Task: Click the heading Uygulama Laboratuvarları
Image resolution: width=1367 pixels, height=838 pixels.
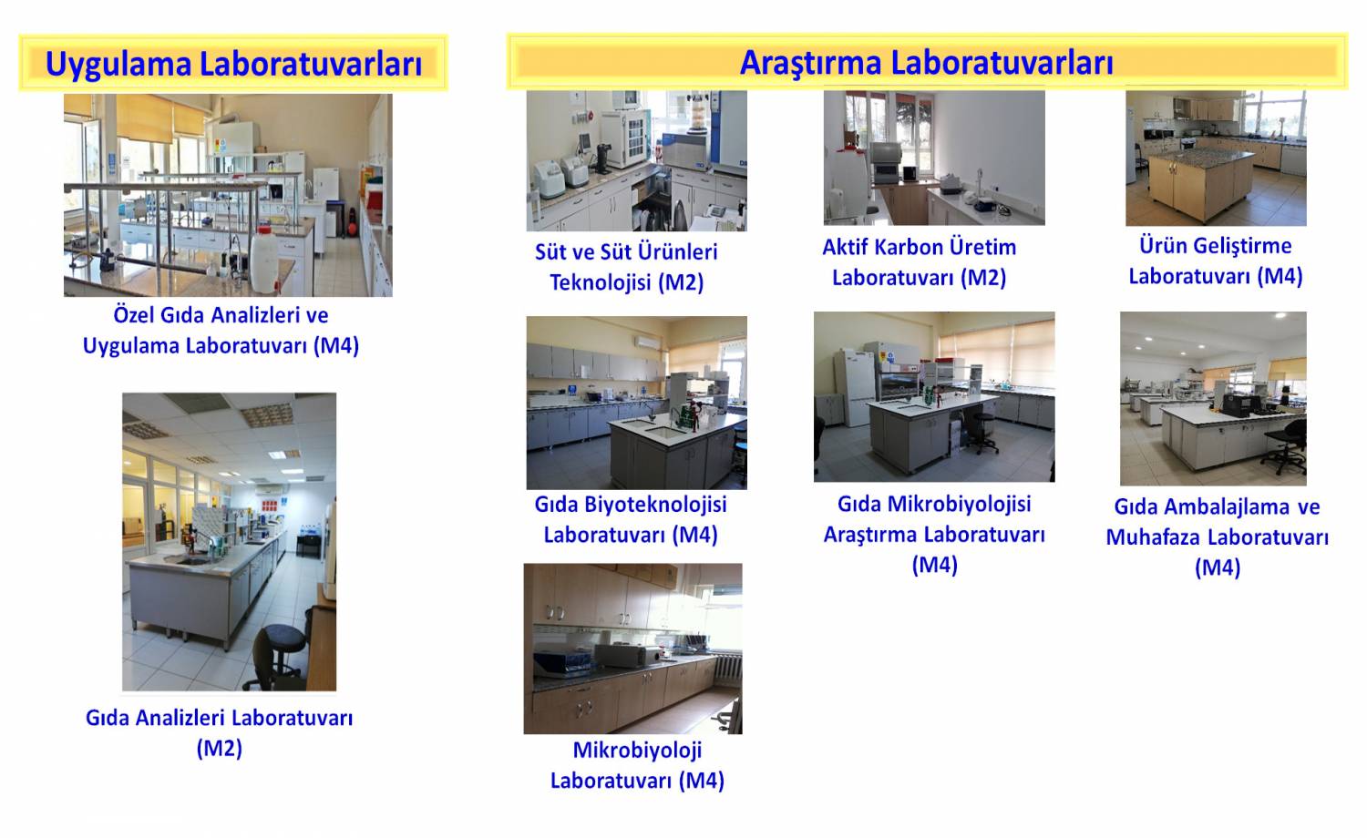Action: point(233,64)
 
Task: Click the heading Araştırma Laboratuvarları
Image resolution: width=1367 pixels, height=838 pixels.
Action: point(927,62)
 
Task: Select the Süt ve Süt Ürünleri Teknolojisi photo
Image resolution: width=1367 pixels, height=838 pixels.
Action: point(636,161)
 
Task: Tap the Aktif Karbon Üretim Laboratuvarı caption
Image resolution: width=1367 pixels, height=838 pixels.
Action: point(919,262)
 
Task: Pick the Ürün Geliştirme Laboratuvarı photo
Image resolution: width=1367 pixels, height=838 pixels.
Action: point(1216,158)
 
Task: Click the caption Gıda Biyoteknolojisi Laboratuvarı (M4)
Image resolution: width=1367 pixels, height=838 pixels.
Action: point(631,519)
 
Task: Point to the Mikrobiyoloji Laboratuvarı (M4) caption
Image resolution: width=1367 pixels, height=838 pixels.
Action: point(637,765)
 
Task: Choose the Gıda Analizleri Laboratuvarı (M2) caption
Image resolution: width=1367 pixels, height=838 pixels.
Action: point(219,732)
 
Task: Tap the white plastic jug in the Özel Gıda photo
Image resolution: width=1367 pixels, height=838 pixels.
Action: point(265,259)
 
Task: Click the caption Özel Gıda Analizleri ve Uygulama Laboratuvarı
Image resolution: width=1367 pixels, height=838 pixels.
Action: point(221,331)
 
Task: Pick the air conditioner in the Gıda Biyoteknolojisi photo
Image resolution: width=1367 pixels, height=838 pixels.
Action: point(648,342)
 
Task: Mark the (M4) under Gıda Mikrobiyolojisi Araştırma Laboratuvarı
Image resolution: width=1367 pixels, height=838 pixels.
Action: point(934,565)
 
